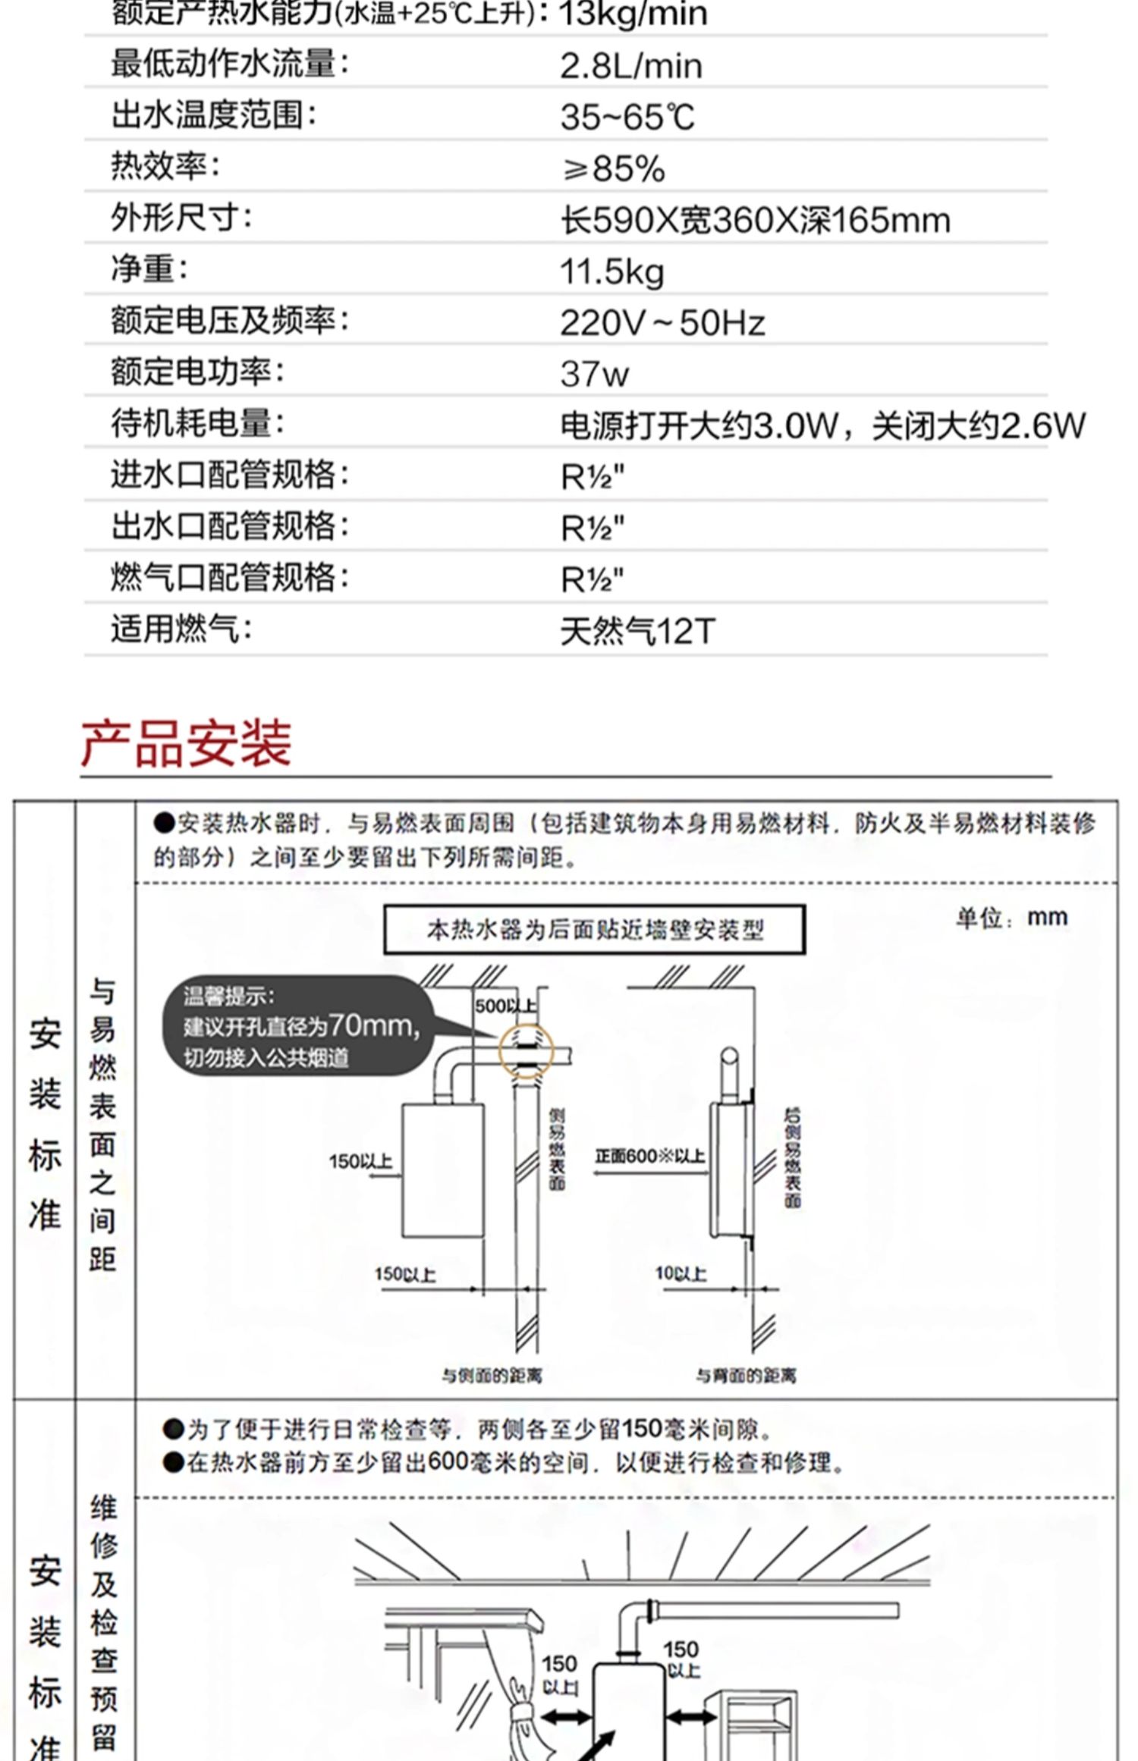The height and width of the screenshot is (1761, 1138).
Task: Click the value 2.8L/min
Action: (x=630, y=66)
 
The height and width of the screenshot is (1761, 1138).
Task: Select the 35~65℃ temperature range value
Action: (x=627, y=118)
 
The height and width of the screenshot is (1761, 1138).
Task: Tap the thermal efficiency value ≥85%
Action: (x=613, y=169)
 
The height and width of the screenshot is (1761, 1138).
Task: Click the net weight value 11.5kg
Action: (x=611, y=272)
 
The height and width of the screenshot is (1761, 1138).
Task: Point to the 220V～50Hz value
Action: (x=662, y=323)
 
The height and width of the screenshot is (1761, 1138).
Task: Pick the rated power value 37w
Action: (x=594, y=374)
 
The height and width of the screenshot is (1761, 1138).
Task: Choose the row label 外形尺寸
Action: (x=181, y=218)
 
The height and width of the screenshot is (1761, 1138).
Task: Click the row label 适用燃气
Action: (x=181, y=629)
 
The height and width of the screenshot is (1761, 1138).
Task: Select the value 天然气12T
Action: (x=637, y=632)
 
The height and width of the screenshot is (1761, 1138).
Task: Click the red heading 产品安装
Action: (x=187, y=743)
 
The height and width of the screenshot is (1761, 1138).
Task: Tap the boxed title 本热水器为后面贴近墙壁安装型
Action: (x=594, y=929)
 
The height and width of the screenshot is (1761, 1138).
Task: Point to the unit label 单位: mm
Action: (x=1011, y=918)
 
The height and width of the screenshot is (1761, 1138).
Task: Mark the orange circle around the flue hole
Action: (x=526, y=1052)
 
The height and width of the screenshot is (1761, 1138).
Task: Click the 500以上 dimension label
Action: (x=505, y=1006)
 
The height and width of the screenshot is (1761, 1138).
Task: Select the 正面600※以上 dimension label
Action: (x=649, y=1156)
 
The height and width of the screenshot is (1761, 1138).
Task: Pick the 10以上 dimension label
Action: (x=680, y=1273)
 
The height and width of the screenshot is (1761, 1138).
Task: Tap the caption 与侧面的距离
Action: (x=492, y=1375)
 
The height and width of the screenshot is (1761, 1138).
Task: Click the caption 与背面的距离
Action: (x=746, y=1375)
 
